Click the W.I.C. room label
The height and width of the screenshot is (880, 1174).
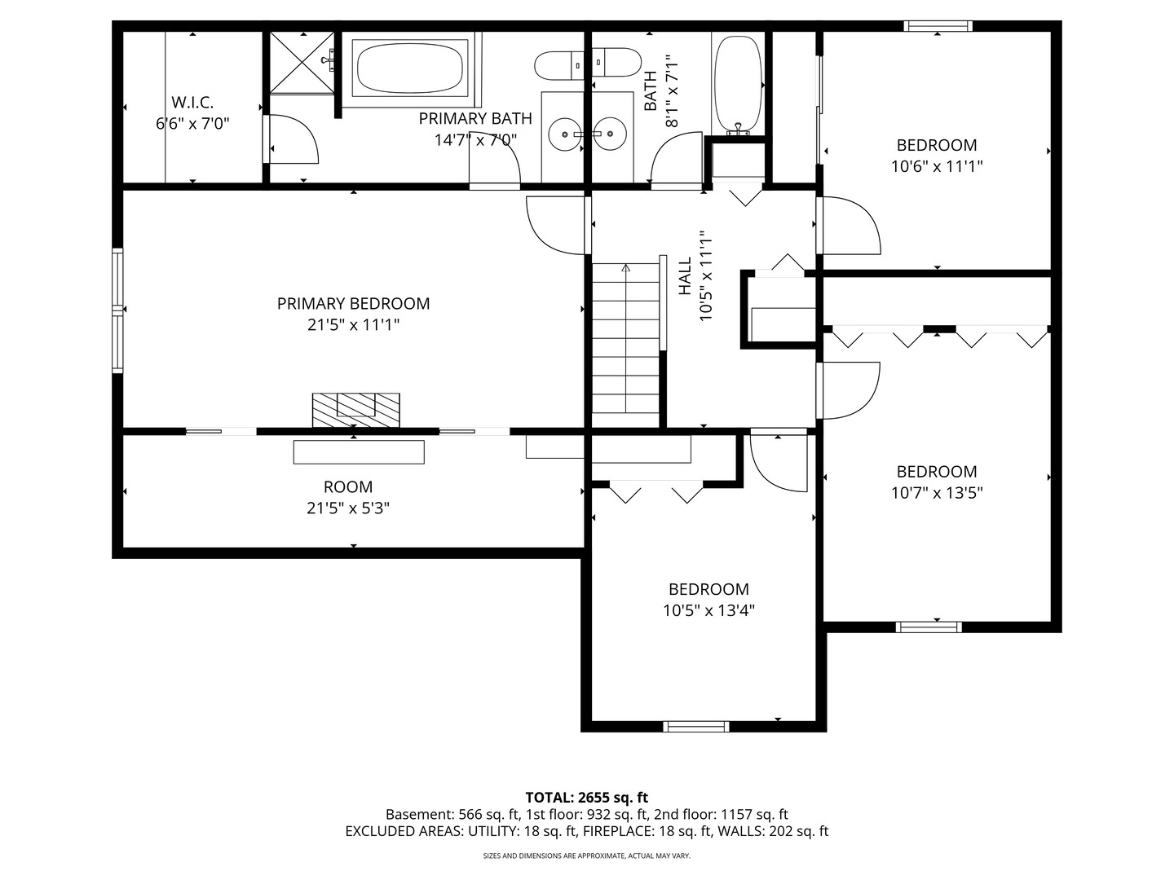click(192, 102)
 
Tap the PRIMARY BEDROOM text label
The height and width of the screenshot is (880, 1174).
click(353, 303)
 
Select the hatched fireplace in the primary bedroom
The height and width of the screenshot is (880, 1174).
click(355, 410)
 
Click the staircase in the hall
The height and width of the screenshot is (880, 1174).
click(625, 345)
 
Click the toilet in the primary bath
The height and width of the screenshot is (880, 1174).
click(559, 65)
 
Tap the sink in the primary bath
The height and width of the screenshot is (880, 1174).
click(565, 134)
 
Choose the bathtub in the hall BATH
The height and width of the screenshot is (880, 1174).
click(738, 85)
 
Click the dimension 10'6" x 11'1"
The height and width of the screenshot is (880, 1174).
click(937, 166)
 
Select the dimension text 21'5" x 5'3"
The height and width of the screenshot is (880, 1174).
click(347, 508)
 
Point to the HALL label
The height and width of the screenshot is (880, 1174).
click(685, 276)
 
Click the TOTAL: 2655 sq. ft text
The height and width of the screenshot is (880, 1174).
click(586, 797)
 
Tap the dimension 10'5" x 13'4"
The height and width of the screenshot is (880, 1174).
click(708, 610)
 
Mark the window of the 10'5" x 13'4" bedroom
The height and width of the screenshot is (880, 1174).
click(696, 726)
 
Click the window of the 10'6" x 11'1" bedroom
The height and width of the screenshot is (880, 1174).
click(938, 25)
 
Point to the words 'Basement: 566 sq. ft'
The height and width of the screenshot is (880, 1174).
click(452, 814)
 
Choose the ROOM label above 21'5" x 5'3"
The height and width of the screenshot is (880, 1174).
click(347, 486)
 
